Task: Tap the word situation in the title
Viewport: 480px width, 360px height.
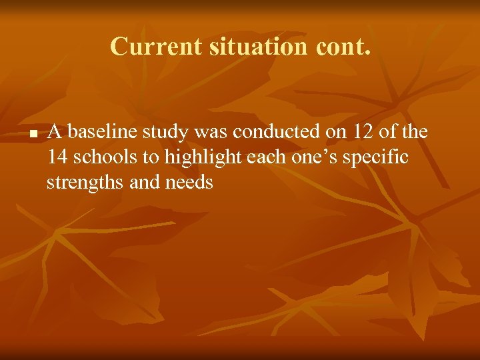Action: pyautogui.click(x=241, y=47)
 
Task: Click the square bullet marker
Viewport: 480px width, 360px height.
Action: pyautogui.click(x=31, y=135)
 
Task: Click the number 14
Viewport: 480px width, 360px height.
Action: pyautogui.click(x=59, y=157)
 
